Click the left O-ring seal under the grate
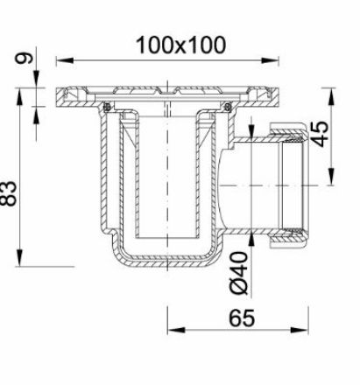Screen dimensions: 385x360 pyautogui.click(x=106, y=108)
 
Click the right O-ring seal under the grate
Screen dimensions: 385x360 pyautogui.click(x=227, y=108)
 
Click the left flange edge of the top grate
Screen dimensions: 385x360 pyautogui.click(x=58, y=96)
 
